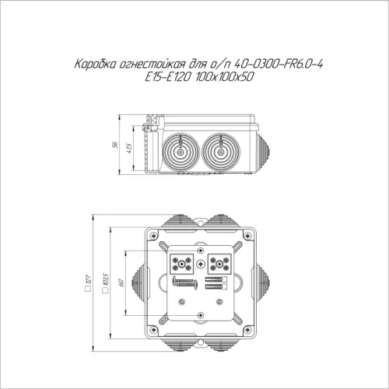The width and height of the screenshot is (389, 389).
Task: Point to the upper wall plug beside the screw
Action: (216, 276)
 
